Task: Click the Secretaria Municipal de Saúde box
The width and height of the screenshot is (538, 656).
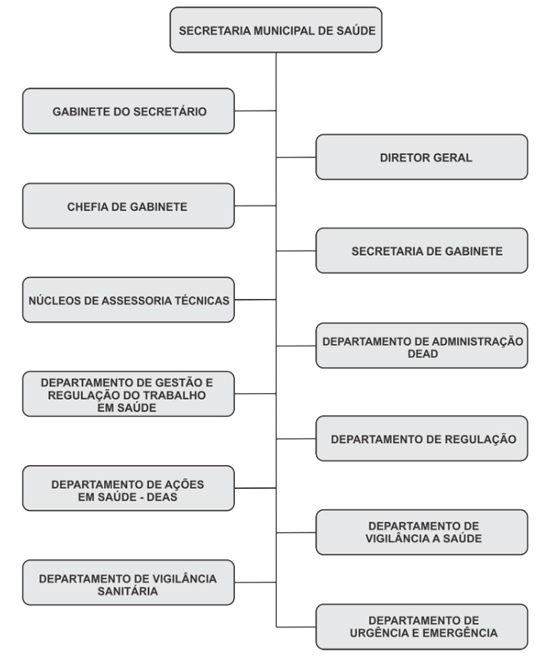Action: coord(276,29)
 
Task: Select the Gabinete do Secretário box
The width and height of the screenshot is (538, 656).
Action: coord(129,111)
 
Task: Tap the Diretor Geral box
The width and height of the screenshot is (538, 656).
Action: coord(422,157)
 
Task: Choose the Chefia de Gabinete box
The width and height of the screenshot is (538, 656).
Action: coord(129,206)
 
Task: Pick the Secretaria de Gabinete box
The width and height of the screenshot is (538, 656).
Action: coord(422,251)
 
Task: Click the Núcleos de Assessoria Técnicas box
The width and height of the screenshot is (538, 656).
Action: coord(129,300)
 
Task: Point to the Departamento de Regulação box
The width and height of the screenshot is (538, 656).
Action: coord(422,438)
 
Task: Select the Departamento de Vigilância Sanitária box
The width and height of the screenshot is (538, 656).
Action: coord(129,582)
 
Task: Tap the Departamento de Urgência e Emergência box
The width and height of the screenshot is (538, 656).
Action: coord(422,627)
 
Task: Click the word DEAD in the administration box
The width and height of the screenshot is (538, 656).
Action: coord(423,354)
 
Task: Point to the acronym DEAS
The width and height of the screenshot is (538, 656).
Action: coord(162,497)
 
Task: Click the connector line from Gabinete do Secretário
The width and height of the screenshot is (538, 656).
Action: coord(255,111)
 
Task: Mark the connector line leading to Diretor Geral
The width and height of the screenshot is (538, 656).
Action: coord(296,157)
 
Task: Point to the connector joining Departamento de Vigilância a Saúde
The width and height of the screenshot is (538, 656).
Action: coord(296,532)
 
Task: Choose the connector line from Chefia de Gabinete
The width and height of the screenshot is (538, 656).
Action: coord(255,206)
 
